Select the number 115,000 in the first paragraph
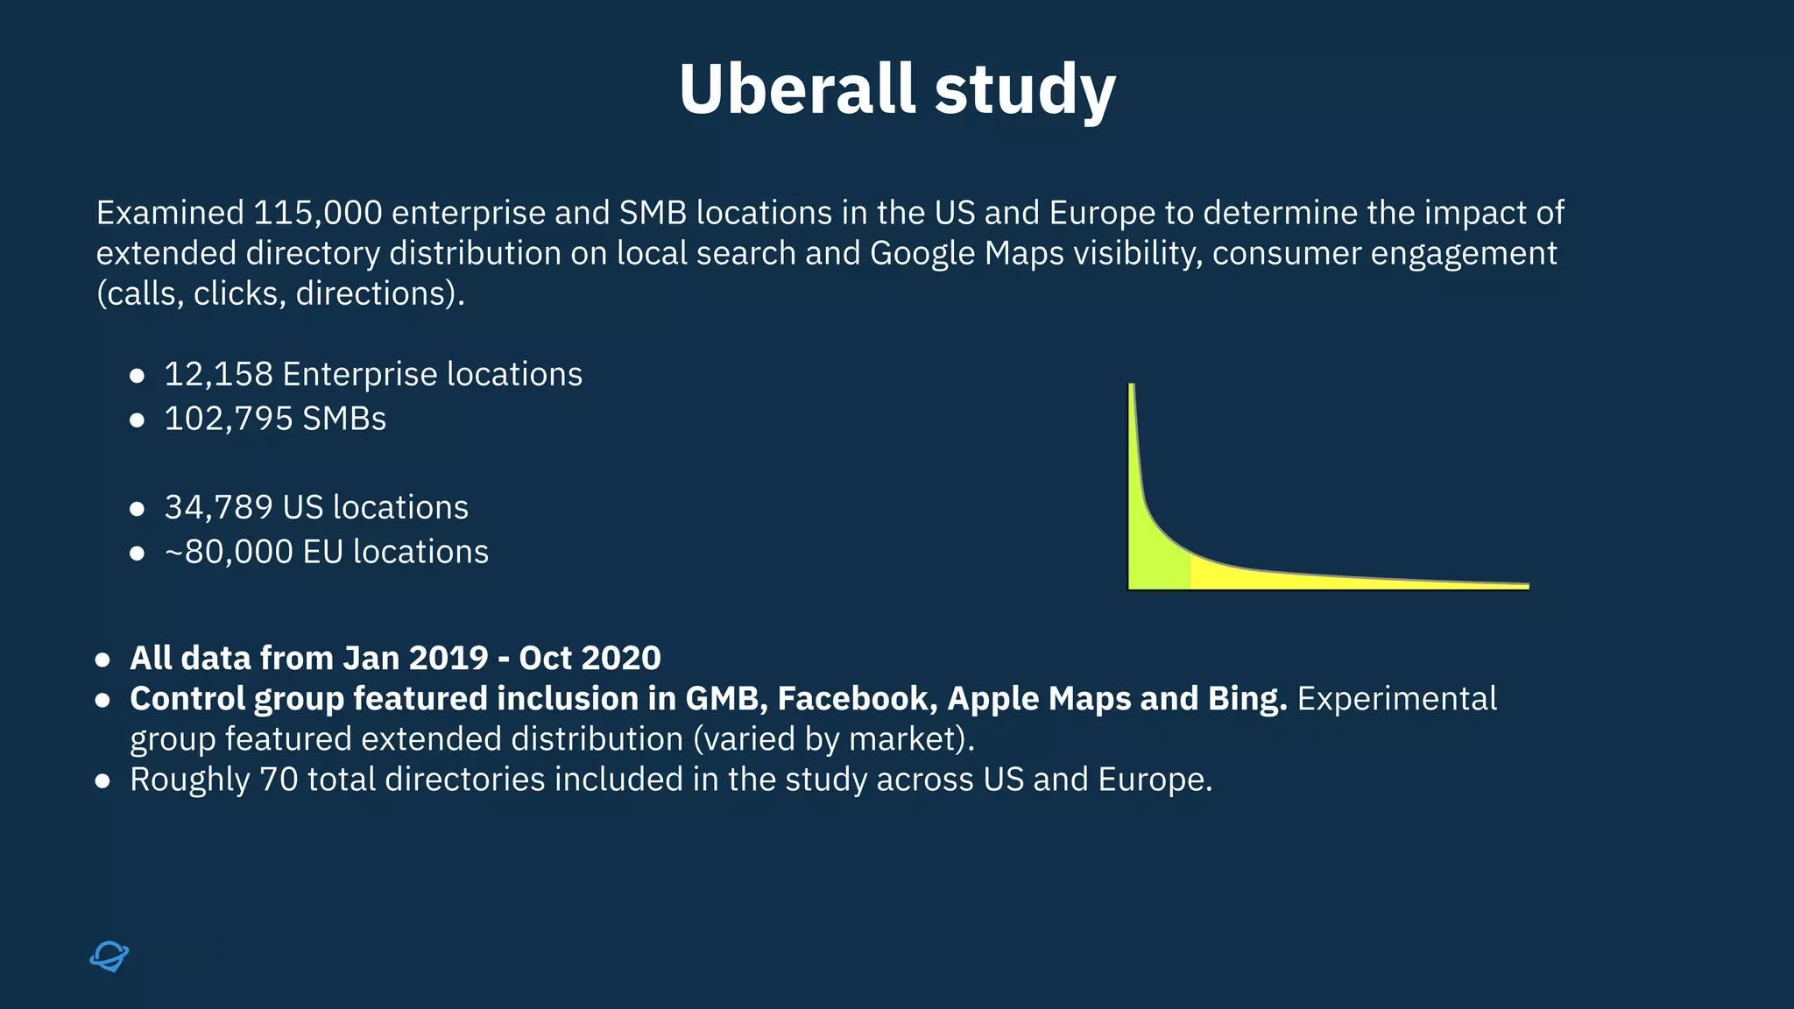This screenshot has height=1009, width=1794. tap(317, 213)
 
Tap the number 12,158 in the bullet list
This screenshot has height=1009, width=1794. tap(218, 375)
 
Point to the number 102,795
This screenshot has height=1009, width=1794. tap(228, 419)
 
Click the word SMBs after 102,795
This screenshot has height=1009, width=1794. tap(343, 419)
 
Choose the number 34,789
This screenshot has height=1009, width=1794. tap(218, 508)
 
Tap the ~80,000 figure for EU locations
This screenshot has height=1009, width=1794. tap(228, 552)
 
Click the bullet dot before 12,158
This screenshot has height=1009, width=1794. tap(137, 376)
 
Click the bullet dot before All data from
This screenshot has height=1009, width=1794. tap(102, 660)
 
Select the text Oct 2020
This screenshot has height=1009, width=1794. tap(590, 658)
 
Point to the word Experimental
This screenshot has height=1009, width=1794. tap(1396, 698)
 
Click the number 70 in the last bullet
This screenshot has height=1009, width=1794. tap(279, 779)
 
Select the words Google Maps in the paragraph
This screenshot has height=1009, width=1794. tap(966, 253)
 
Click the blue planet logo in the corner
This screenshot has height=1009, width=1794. tap(109, 956)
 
